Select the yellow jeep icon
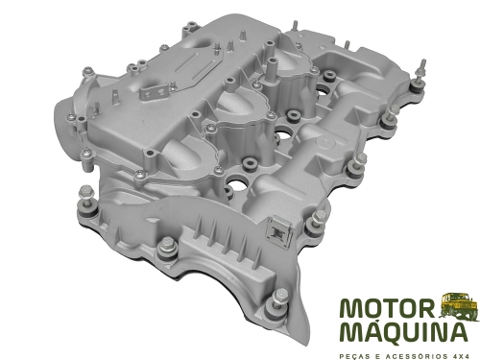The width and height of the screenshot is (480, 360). tap(458, 308)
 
